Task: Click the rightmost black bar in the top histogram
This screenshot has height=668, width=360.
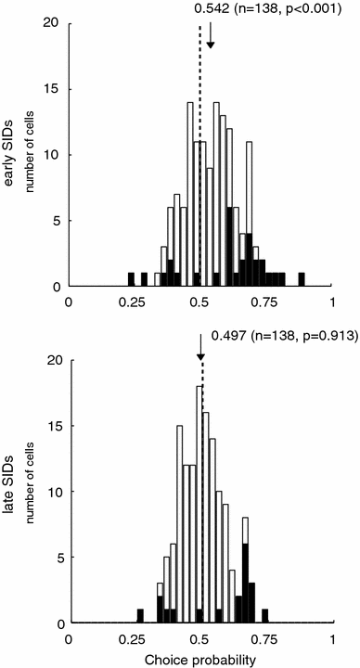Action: (302, 279)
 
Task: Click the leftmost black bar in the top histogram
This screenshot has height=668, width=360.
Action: (131, 279)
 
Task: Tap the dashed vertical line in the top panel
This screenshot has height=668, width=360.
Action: (199, 139)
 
